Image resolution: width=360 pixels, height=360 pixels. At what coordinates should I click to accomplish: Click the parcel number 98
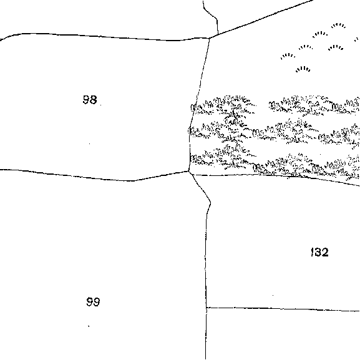click(90, 100)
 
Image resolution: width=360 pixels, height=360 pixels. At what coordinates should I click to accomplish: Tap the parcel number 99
click(93, 302)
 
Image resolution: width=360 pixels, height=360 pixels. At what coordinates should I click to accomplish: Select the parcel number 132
click(319, 252)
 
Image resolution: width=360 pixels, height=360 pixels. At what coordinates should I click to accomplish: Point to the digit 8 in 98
click(94, 100)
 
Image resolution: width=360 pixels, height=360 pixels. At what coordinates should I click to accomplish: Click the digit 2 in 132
click(325, 252)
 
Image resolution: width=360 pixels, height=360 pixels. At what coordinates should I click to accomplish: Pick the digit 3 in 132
click(318, 252)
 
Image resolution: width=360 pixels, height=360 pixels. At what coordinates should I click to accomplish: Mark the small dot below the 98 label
click(90, 144)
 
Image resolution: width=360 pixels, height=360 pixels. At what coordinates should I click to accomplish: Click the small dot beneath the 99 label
click(89, 326)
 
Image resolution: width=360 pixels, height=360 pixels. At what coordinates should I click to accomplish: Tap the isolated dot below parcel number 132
click(273, 295)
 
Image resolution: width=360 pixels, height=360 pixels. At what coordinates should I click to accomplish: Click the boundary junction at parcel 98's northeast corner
click(210, 38)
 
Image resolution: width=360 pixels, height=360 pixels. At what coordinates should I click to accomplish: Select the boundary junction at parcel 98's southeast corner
click(188, 171)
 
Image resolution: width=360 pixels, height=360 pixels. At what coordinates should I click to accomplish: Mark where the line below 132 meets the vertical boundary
click(207, 308)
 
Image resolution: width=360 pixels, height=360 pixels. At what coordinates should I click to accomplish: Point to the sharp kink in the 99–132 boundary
click(210, 203)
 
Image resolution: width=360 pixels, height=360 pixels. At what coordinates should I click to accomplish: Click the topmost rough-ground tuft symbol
click(338, 25)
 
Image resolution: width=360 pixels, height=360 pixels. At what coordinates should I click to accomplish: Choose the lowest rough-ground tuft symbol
click(303, 69)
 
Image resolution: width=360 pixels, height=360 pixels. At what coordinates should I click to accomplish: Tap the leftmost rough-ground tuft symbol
click(288, 56)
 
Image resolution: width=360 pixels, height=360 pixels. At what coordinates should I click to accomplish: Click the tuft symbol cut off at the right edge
click(357, 39)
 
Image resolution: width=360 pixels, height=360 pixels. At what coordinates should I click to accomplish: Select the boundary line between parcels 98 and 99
click(94, 177)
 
